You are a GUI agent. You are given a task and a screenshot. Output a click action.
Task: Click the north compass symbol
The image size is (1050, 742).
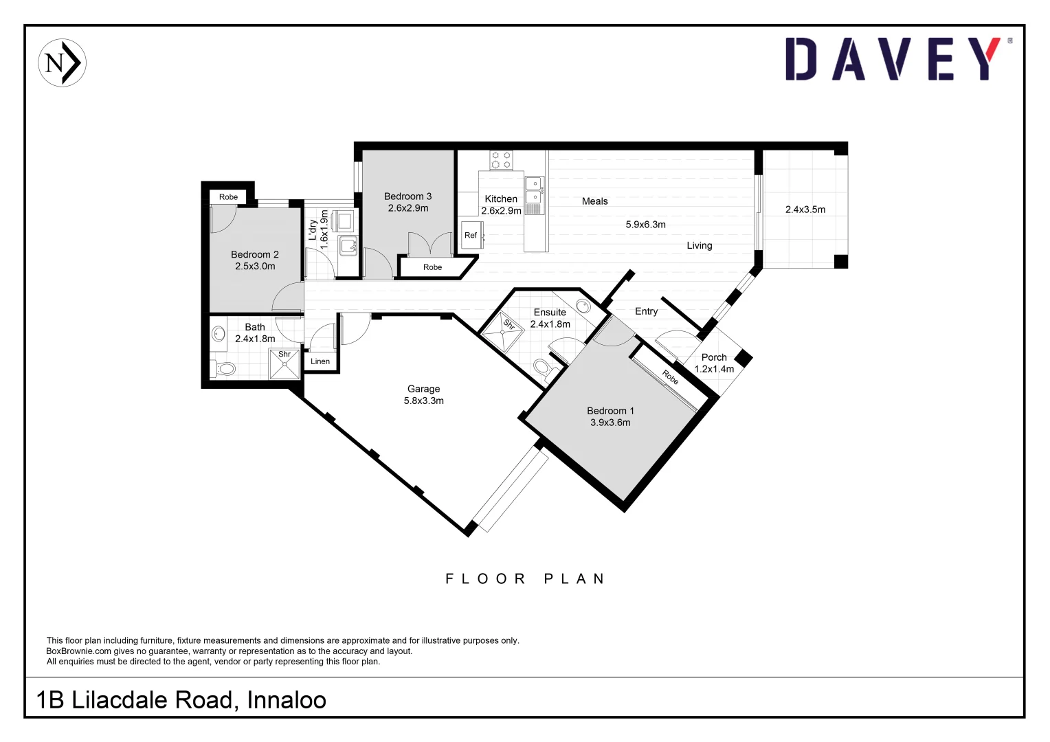(x=62, y=63)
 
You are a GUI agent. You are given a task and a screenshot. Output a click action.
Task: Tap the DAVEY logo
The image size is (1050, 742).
(x=893, y=59)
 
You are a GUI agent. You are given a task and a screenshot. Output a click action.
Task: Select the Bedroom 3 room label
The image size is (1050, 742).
(x=407, y=196)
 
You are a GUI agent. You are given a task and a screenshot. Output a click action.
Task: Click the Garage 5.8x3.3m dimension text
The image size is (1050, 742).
(x=423, y=401)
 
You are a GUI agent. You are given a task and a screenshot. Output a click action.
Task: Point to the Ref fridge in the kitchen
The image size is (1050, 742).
(x=471, y=235)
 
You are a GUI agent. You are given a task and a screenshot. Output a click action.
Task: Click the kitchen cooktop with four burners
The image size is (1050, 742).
(x=501, y=160)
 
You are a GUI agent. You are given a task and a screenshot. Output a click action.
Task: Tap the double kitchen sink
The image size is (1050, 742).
(x=534, y=190)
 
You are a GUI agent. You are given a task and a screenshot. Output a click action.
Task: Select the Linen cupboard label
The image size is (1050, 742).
(x=320, y=361)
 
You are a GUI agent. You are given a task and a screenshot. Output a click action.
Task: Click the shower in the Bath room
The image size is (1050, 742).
(x=284, y=365)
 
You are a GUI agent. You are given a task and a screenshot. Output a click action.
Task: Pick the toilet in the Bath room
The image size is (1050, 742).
(x=223, y=368)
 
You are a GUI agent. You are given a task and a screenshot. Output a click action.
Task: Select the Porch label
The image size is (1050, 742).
(x=714, y=357)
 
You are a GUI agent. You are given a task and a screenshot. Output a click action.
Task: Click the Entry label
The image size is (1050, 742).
(x=646, y=311)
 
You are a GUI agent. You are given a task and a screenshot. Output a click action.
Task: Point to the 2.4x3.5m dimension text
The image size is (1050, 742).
(x=805, y=210)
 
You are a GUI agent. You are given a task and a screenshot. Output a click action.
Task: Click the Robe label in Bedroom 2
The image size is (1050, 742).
(x=228, y=197)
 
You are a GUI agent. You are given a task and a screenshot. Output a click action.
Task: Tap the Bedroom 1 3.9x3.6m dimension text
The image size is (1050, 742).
(x=610, y=423)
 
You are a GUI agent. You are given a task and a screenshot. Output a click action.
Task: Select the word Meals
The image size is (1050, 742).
(x=594, y=201)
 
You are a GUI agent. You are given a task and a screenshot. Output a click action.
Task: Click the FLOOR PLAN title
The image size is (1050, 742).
(x=525, y=578)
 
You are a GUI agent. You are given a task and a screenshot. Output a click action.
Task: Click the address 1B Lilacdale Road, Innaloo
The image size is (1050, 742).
(x=181, y=699)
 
